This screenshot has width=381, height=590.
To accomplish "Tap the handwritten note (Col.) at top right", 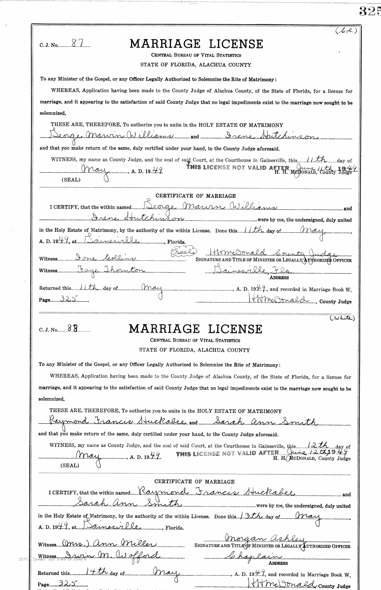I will (347, 31).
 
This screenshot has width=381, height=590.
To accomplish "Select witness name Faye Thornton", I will (102, 270).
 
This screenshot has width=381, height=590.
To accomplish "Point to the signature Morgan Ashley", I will (265, 538).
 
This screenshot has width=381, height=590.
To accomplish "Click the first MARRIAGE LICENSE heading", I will (196, 44).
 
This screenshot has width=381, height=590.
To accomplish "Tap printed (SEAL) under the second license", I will (70, 465).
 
